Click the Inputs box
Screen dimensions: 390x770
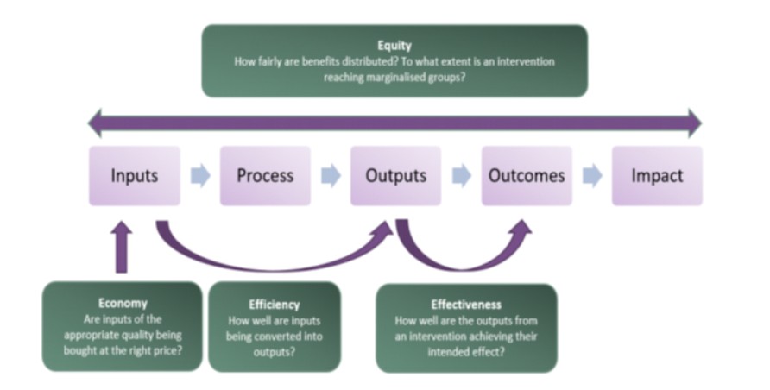[135, 176]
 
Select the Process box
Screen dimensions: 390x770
[265, 176]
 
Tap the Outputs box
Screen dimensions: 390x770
[396, 176]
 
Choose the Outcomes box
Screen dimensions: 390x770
[527, 176]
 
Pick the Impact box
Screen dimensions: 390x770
[657, 176]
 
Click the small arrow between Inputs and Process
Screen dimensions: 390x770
[200, 176]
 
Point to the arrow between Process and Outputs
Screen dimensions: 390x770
[331, 176]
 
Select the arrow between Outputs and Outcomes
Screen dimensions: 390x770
[462, 176]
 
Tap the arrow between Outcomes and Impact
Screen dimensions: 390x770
[592, 176]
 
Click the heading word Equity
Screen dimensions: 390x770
[394, 45]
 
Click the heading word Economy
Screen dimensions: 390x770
[123, 303]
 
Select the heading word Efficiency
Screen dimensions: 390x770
[275, 305]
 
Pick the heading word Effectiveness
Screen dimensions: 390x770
[466, 305]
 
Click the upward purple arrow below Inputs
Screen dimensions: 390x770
[123, 247]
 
